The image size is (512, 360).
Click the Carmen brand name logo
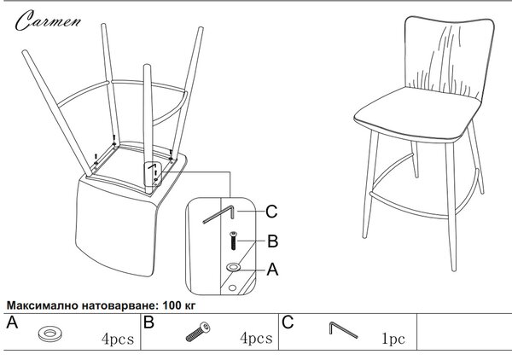coord(48,20)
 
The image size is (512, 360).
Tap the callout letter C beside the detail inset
coord(271,212)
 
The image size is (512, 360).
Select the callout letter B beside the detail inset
coord(273,241)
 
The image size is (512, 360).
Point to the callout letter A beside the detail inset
coord(272,270)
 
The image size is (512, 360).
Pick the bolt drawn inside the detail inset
coord(233,241)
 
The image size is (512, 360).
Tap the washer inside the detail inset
coord(233,267)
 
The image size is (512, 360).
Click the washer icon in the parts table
coord(49,334)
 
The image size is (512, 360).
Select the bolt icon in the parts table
coord(198,332)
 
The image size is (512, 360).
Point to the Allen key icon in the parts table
coord(344,330)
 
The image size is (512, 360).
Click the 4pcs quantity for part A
coord(118,339)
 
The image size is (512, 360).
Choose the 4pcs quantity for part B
coord(256,338)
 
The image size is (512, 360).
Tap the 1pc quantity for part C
coord(393,339)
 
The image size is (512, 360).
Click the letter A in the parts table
coord(12,322)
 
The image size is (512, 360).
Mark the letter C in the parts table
coord(288,322)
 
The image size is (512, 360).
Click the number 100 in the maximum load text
coord(172,305)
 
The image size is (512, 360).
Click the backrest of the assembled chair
coord(450,57)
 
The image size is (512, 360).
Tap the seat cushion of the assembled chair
coord(417,114)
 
